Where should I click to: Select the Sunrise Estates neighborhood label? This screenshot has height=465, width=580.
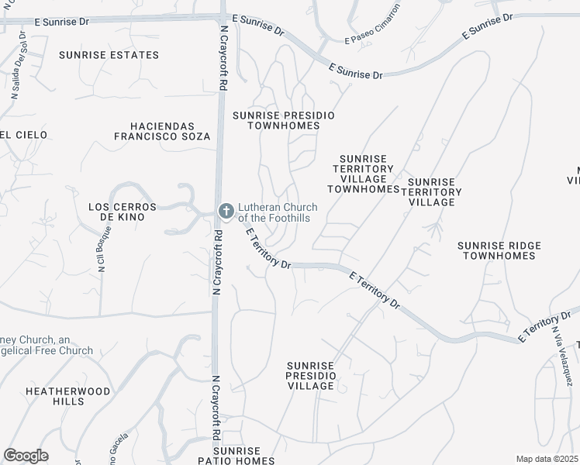(x=109, y=55)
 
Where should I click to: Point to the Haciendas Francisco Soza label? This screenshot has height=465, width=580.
(x=161, y=131)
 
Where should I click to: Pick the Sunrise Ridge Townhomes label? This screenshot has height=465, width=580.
(x=499, y=250)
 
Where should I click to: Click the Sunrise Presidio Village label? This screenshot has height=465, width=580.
(x=311, y=375)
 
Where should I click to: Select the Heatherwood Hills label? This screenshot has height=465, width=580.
(x=68, y=397)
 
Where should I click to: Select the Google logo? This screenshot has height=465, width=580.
(x=26, y=456)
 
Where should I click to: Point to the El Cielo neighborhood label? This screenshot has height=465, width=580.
(x=23, y=135)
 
